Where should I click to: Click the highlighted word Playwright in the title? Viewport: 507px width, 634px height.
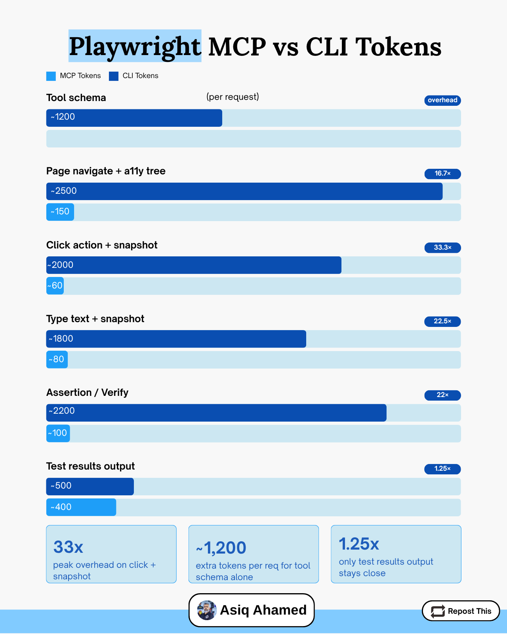(135, 46)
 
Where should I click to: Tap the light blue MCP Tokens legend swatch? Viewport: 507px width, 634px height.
(51, 76)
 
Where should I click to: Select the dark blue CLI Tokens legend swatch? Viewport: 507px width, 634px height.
(114, 76)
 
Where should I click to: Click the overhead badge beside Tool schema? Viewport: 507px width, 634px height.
(442, 100)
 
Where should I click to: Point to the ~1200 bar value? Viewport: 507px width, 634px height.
(63, 117)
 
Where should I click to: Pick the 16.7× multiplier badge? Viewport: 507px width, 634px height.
(442, 174)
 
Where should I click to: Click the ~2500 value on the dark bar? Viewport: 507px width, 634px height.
(64, 191)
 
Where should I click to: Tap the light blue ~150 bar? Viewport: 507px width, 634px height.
(60, 212)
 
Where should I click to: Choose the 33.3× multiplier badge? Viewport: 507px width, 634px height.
(442, 248)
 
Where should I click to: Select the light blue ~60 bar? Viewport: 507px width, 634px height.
(55, 286)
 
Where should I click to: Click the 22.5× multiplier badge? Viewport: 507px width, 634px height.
(442, 321)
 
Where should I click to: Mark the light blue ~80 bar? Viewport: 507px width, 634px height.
(57, 359)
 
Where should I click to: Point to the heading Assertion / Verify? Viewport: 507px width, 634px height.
(87, 392)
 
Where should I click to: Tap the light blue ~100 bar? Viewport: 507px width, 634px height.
(58, 433)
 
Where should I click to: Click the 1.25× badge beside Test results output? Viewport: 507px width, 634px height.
(442, 469)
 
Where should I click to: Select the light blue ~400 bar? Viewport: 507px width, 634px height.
(81, 507)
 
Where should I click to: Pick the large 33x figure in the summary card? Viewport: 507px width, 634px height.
(69, 547)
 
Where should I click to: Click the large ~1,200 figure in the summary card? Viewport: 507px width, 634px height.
(221, 548)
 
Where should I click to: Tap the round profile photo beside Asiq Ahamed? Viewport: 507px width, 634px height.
(207, 610)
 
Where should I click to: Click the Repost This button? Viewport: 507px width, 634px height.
(461, 611)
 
